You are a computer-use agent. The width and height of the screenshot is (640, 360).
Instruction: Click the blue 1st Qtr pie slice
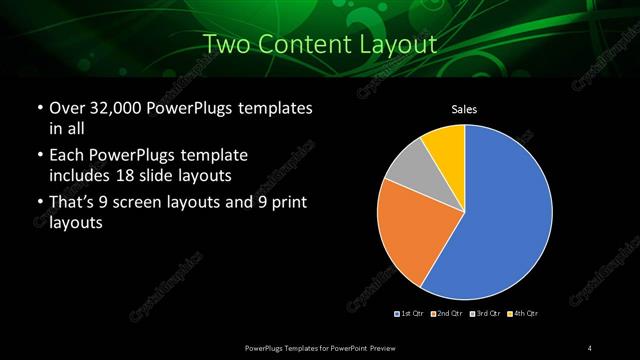[x=505, y=215]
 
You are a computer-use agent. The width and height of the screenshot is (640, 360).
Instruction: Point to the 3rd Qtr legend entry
[x=485, y=314]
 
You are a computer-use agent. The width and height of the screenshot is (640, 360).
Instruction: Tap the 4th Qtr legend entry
[x=523, y=314]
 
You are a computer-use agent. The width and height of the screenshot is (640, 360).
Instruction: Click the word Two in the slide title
[x=227, y=45]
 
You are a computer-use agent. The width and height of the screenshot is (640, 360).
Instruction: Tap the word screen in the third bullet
[x=160, y=204]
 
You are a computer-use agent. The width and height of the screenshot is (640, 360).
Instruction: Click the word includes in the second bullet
[x=80, y=175]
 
